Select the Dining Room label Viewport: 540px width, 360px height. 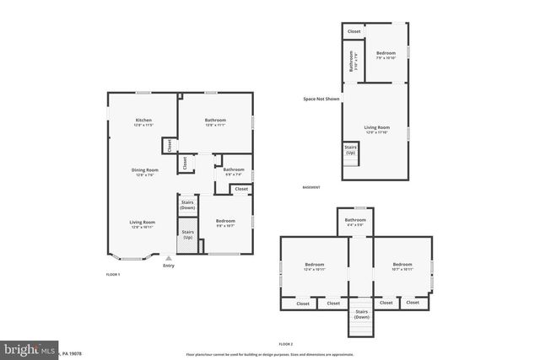(x=144, y=172)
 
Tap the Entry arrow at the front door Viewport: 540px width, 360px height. (x=169, y=259)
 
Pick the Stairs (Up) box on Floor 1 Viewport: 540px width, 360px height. (x=188, y=234)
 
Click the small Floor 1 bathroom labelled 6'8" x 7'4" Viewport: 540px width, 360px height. (x=234, y=171)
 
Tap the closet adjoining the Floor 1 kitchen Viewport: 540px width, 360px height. (x=169, y=144)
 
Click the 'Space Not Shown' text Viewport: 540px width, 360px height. (x=321, y=99)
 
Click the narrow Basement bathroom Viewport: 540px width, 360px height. (x=352, y=62)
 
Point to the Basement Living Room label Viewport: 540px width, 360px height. (x=375, y=129)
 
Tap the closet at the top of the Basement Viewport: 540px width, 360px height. (x=354, y=30)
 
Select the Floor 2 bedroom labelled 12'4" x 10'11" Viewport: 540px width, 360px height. (x=314, y=266)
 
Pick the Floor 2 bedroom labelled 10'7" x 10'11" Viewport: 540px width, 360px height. (x=402, y=266)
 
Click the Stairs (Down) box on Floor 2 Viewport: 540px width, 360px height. (x=361, y=315)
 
